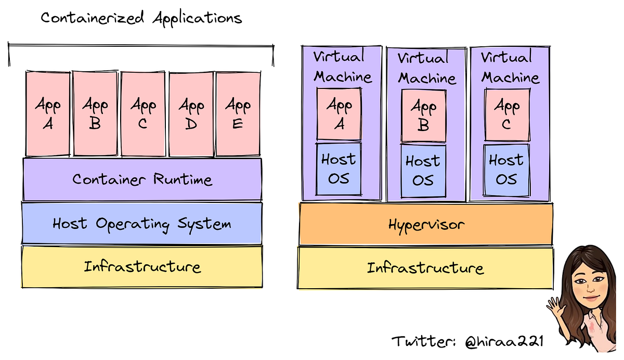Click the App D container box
(x=191, y=113)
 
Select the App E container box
(x=238, y=113)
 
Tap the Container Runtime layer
(x=142, y=179)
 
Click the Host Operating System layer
(x=141, y=224)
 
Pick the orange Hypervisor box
(x=425, y=225)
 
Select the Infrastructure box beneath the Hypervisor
(x=425, y=268)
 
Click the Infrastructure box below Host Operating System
(x=141, y=267)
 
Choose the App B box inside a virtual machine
(x=423, y=115)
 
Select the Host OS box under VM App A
(x=339, y=169)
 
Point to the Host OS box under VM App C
(x=506, y=170)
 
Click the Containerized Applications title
(x=141, y=18)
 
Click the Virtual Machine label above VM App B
(x=426, y=68)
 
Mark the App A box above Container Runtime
(x=48, y=113)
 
